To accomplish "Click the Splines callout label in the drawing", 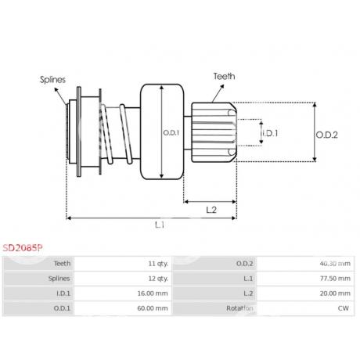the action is click(52, 80).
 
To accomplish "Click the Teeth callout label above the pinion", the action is click(224, 76).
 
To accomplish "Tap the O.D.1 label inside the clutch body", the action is click(171, 133).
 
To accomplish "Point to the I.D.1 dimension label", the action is click(270, 133).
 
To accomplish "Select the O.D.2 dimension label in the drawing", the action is click(327, 135).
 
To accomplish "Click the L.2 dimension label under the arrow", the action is click(211, 210).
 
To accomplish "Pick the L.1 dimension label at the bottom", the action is click(160, 225).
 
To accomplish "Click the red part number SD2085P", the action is click(23, 248).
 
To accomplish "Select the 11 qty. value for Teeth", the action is click(158, 264).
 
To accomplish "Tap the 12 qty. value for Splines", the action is click(158, 279).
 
